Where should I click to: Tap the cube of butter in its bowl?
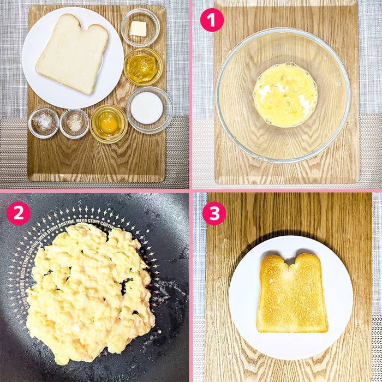139,28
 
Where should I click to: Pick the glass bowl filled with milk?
147,108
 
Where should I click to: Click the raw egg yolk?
109,123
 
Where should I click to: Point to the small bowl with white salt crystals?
44,122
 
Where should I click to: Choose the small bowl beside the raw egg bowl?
74,123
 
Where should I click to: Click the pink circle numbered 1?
212,20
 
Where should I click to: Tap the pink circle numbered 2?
18,213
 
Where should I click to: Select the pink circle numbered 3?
214,213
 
